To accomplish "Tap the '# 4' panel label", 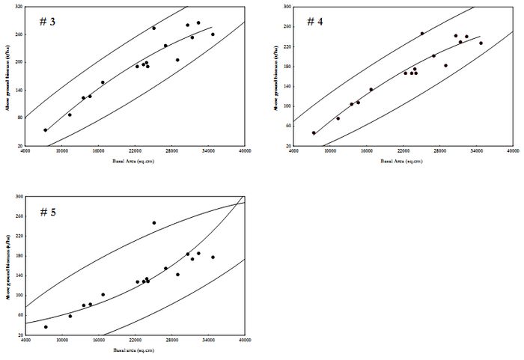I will click(x=315, y=21).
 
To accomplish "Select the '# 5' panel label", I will click(x=47, y=212).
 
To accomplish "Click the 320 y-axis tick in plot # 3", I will click(x=18, y=7).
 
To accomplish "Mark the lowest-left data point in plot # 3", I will click(x=45, y=130).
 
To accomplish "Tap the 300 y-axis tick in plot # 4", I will click(x=287, y=7).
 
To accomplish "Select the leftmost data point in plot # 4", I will click(x=314, y=133).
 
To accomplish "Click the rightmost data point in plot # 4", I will click(x=481, y=43).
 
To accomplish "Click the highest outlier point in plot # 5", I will click(x=154, y=222).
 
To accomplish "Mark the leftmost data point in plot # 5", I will click(x=46, y=327).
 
